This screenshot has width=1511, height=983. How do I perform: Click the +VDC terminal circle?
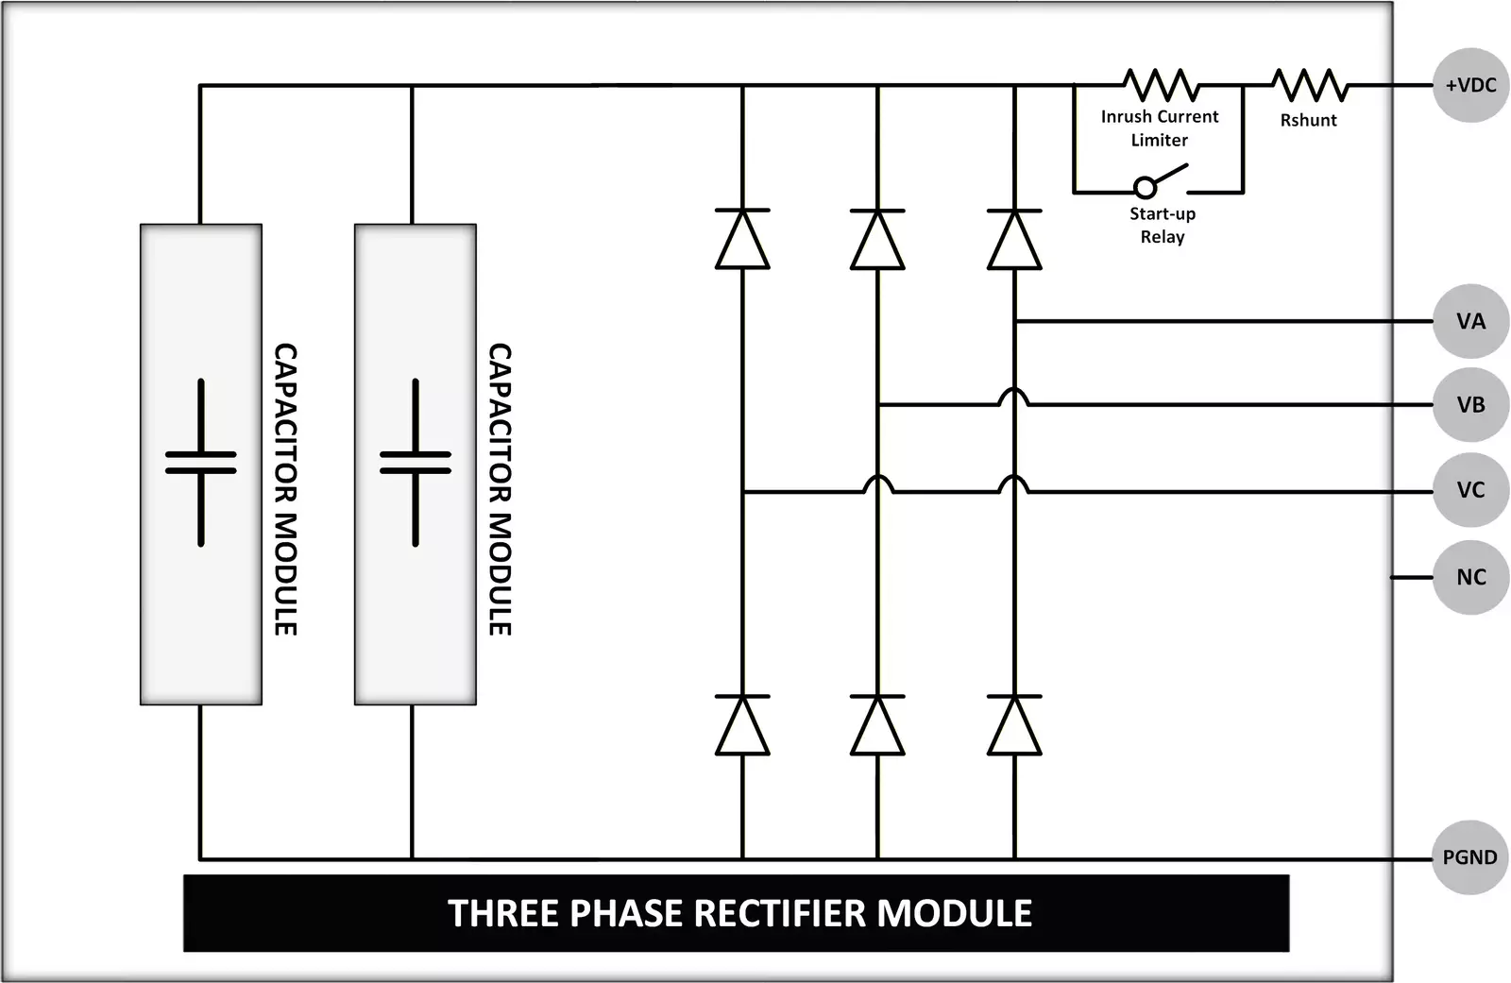1470,85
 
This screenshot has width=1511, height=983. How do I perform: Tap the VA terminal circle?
1470,321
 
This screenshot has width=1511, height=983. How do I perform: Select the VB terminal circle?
1470,405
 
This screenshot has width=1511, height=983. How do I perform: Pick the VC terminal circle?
1470,490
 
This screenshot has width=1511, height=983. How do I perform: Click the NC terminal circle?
1470,577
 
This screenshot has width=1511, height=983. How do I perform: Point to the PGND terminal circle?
1469,857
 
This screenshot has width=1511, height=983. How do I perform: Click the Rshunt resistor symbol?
1309,85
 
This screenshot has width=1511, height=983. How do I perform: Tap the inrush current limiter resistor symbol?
1160,85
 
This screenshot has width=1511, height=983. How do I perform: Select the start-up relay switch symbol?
1160,181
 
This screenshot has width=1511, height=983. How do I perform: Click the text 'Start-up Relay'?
1162,225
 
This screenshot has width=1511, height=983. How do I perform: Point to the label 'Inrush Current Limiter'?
1159,128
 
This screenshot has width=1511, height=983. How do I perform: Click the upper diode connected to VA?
1014,240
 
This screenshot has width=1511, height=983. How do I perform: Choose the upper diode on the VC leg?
742,240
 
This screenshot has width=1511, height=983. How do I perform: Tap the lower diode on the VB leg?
877,725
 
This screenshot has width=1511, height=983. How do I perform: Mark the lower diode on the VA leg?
1014,725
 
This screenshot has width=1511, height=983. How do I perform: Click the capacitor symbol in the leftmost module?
200,463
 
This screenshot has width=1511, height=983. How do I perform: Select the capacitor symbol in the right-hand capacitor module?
415,463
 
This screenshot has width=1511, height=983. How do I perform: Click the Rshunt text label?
1308,120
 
